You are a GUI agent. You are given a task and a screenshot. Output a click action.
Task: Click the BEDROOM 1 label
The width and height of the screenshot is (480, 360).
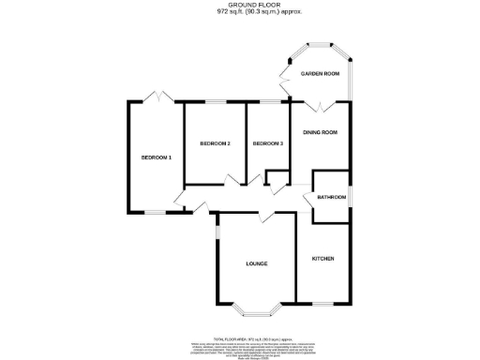pyautogui.click(x=156, y=157)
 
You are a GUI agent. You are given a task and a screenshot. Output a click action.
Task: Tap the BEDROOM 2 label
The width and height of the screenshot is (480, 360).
pyautogui.click(x=215, y=143)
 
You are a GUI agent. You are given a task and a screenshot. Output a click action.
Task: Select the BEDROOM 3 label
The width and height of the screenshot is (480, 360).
pyautogui.click(x=268, y=143)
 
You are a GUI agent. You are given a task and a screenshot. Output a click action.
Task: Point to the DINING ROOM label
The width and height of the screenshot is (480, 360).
pyautogui.click(x=320, y=133)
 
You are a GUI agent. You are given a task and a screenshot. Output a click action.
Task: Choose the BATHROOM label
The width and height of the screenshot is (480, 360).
pyautogui.click(x=332, y=198)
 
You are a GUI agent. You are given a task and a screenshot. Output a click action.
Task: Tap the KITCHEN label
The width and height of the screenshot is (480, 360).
pyautogui.click(x=323, y=258)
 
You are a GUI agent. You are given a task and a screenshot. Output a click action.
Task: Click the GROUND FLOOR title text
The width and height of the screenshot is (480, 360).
pyautogui.click(x=241, y=6)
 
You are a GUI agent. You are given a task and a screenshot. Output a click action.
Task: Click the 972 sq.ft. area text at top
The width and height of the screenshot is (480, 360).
pyautogui.click(x=241, y=14)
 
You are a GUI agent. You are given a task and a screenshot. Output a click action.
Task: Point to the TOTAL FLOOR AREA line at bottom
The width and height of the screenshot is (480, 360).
pyautogui.click(x=240, y=325)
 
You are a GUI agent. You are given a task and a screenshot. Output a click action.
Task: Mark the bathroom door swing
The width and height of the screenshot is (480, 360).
pyautogui.click(x=307, y=197)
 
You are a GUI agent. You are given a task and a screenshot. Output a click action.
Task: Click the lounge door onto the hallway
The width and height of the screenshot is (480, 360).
pyautogui.click(x=267, y=217)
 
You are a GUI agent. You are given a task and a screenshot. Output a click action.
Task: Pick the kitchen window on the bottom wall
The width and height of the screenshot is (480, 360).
pyautogui.click(x=323, y=304)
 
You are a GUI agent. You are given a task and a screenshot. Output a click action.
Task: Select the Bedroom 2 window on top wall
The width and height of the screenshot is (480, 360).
pyautogui.click(x=215, y=100)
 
